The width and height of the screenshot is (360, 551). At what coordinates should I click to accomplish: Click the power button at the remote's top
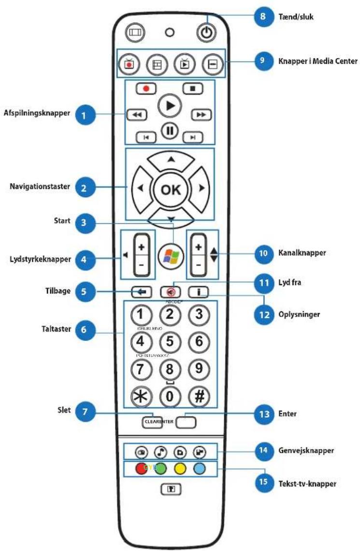206,33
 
